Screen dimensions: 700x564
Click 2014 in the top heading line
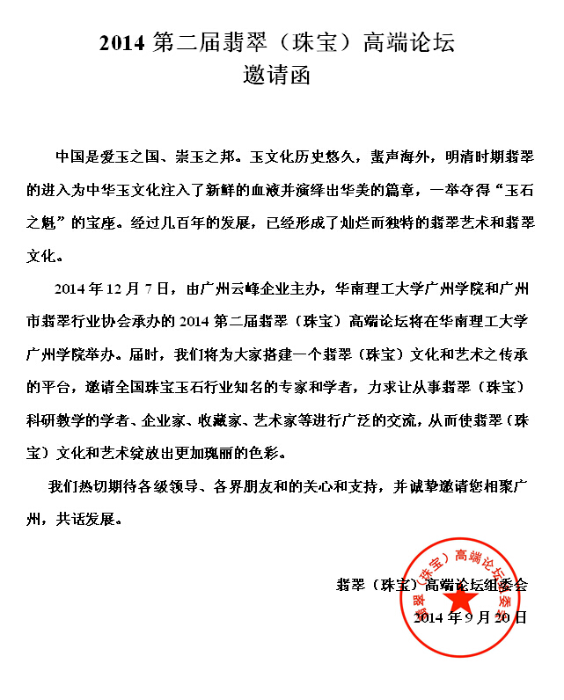(x=120, y=42)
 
